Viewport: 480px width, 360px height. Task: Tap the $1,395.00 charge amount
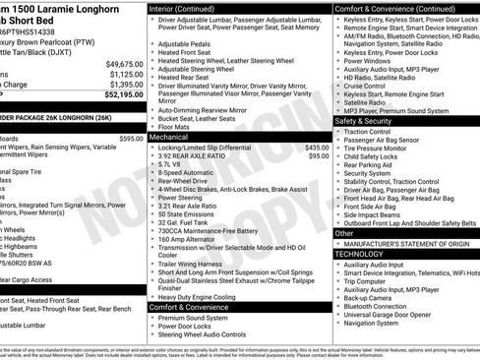coord(124,84)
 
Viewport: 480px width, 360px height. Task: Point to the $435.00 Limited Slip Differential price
coord(317,147)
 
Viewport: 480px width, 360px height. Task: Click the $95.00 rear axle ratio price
coord(320,155)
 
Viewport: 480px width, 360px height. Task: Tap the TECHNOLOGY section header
coord(359,253)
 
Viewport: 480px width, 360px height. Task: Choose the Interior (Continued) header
coord(190,8)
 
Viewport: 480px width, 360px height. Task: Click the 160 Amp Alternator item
coord(187,237)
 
